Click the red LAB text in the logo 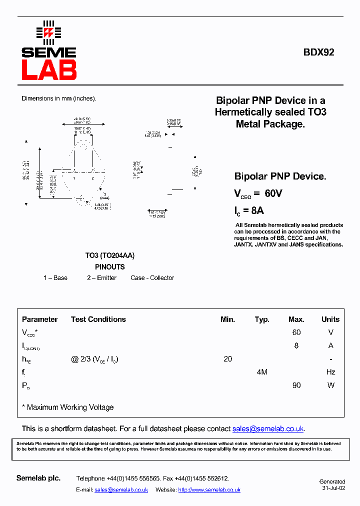coord(49,70)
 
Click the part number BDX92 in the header coord(318,52)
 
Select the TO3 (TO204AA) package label coord(109,255)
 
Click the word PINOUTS coord(109,267)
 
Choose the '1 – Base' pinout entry coord(55,278)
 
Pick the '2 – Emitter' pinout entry coord(101,278)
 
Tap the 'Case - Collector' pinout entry coord(152,278)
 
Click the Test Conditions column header coord(98,319)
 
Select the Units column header coord(330,319)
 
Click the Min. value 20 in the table coord(227,359)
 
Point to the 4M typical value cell coord(261,372)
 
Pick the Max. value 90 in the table coord(296,385)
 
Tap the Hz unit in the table coord(330,372)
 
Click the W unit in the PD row coord(330,385)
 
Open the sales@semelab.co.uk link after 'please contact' coord(268,429)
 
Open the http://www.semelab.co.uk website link coord(209,490)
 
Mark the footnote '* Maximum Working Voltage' coord(68,407)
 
